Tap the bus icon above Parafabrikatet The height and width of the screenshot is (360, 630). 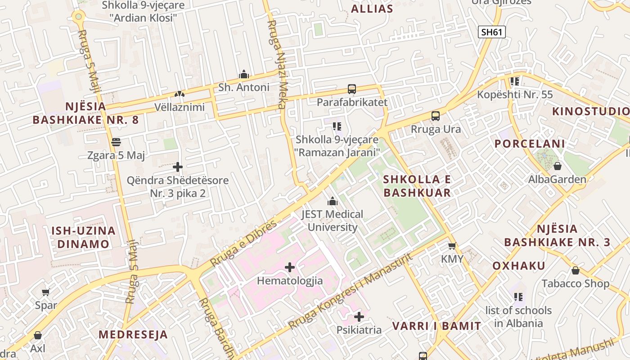(352, 89)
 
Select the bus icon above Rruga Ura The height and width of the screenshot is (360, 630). (436, 116)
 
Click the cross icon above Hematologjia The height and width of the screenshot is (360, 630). (290, 268)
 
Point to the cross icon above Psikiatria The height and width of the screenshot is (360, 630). (359, 317)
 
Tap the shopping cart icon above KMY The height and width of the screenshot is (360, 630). (452, 246)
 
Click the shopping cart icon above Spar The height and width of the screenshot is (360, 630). (46, 292)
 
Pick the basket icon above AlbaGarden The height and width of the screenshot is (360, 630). (557, 166)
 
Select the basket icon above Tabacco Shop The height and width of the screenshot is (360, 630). (575, 270)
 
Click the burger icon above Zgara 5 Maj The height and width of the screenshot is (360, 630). (116, 142)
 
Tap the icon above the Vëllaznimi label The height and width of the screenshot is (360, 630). (179, 94)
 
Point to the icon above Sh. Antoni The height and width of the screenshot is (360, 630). (244, 74)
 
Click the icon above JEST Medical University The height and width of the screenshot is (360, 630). (333, 201)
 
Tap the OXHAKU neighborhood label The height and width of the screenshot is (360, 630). (518, 265)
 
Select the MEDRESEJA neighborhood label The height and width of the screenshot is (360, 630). (133, 335)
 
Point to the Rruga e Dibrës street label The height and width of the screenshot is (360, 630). (243, 243)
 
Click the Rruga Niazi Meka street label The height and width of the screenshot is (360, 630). (276, 64)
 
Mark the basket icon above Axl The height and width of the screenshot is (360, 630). (38, 336)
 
